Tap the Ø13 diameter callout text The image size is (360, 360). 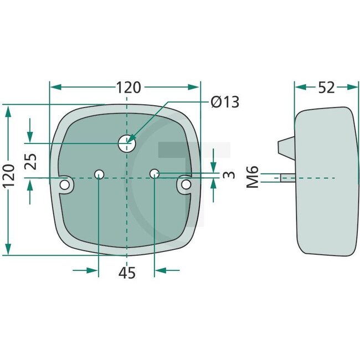pos(224,102)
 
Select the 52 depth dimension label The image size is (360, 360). pos(327,88)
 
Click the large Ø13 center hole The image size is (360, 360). pos(127,143)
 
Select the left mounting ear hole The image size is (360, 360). pos(66,184)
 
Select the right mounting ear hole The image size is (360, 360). pos(187,184)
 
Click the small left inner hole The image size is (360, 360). pos(99,174)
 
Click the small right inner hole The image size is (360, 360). pos(155,174)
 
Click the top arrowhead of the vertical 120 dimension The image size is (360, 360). pos(8,111)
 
